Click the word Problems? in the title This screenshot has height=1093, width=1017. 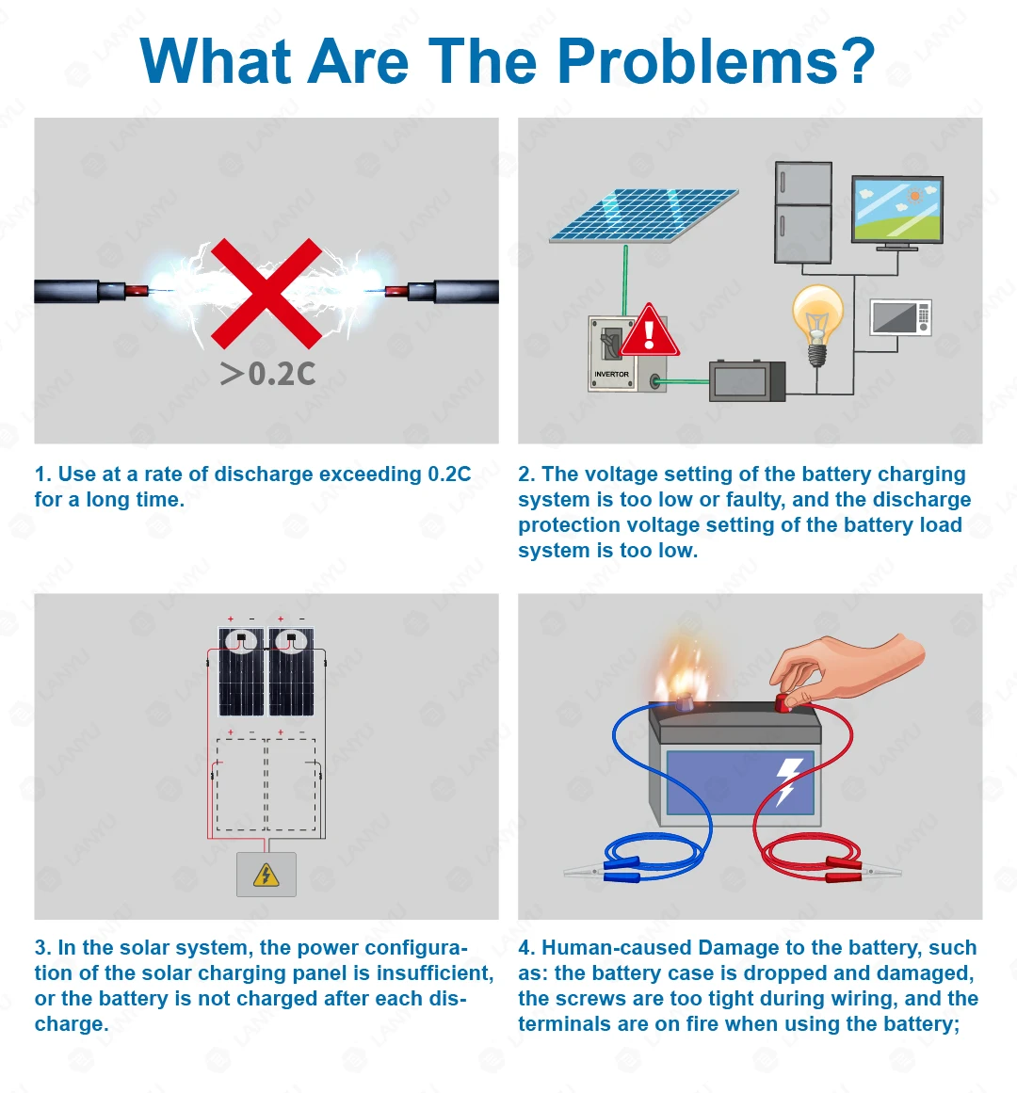716,62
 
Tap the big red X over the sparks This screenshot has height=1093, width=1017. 266,294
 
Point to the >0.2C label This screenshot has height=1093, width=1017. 267,375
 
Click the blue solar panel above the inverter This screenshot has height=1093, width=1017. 643,215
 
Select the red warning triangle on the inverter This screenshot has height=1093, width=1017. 650,330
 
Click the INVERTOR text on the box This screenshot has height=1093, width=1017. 611,375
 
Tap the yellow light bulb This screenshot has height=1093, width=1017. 817,324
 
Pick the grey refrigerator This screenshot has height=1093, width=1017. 803,213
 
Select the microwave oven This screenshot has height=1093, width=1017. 900,317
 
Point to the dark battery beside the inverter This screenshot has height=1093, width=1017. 748,380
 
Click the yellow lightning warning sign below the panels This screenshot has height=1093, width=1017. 266,875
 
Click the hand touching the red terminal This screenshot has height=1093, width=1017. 846,667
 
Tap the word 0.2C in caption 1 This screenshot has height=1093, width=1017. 449,474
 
